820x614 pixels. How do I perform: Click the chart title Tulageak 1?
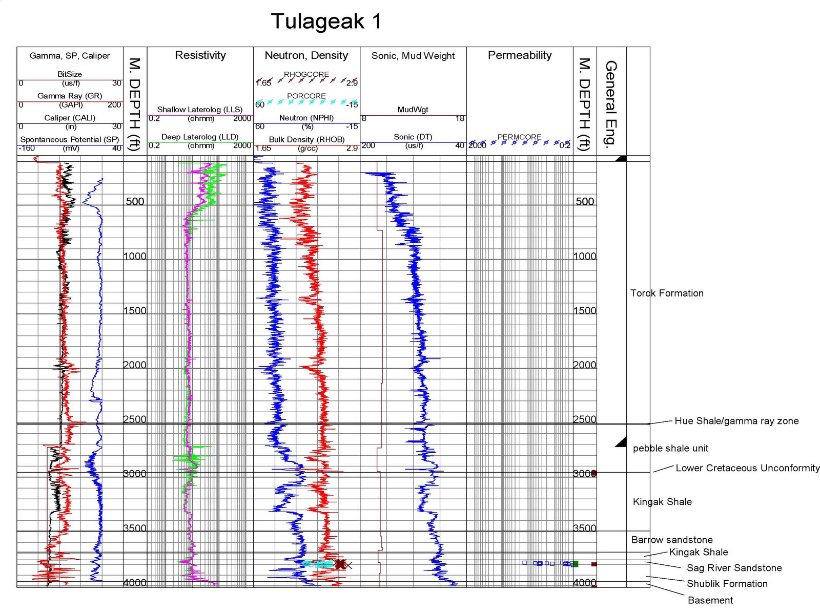(x=326, y=22)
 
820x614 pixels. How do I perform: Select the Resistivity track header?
(x=200, y=55)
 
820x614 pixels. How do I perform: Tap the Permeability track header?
(x=519, y=55)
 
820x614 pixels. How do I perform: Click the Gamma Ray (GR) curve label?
(x=70, y=96)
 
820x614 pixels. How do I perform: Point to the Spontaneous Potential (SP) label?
(x=70, y=139)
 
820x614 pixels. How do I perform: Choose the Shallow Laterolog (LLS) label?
(x=200, y=110)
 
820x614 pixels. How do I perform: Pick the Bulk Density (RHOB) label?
(x=306, y=139)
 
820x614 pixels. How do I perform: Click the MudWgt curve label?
(x=413, y=110)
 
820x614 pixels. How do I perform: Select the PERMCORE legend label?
(x=519, y=137)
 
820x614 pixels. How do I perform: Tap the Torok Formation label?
(x=667, y=293)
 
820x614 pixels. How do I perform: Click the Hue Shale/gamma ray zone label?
(x=736, y=421)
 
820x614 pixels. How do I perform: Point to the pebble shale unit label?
(x=670, y=449)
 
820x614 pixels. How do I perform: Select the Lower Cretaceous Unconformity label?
(x=747, y=468)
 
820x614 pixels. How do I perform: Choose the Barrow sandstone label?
(x=672, y=540)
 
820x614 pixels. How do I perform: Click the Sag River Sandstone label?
(x=734, y=568)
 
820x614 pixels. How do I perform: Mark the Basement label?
(x=710, y=600)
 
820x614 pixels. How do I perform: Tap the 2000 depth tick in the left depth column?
(x=135, y=365)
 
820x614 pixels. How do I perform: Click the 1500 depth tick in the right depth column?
(x=585, y=310)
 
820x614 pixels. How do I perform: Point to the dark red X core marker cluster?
(x=340, y=564)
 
